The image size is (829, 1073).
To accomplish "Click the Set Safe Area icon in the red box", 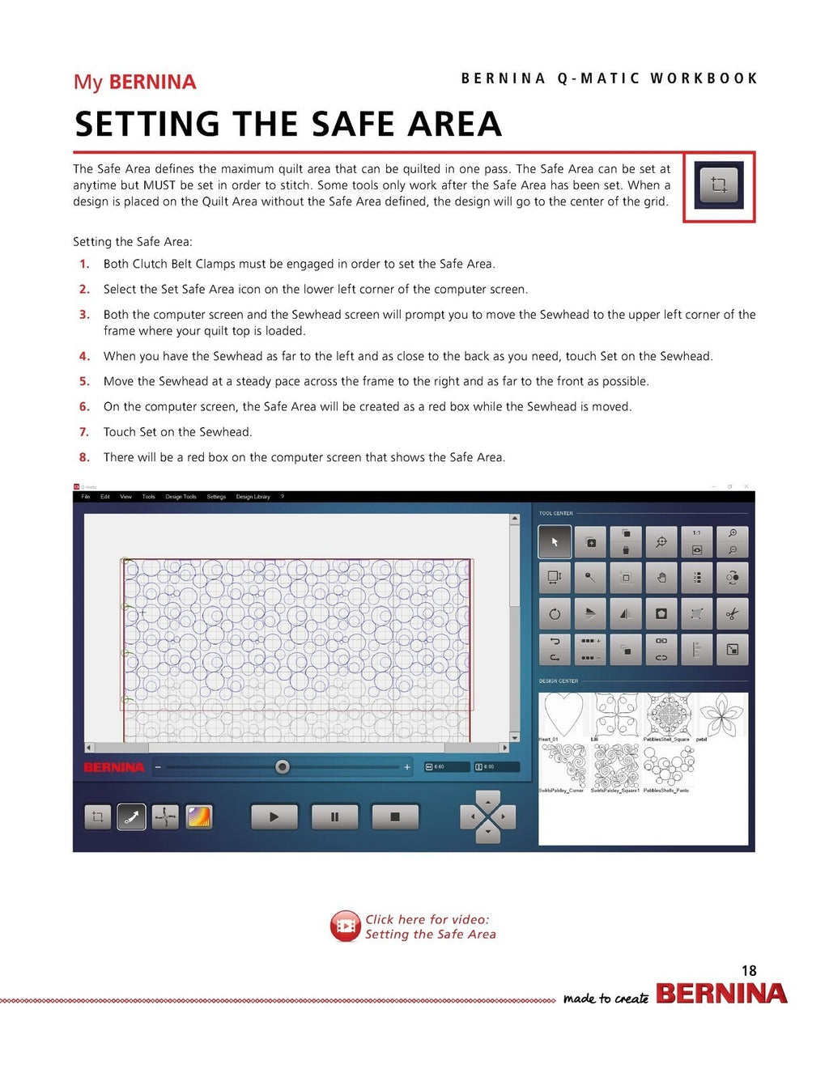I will coord(718,185).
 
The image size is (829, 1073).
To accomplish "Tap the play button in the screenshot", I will coord(274,816).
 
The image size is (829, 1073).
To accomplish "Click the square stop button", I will coord(395,816).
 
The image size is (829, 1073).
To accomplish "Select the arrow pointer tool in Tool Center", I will coord(555,542).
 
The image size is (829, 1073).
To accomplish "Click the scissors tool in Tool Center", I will coord(732,614).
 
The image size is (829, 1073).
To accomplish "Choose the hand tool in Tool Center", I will coord(661,578).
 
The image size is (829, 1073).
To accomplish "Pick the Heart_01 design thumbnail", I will coord(563,715).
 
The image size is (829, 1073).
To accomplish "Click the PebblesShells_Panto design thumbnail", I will coord(669,766).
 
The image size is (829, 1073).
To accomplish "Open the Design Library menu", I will coord(253,497).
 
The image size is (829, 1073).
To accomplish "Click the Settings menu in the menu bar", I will coord(216,497).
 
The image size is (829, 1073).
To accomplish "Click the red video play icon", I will coord(346,926).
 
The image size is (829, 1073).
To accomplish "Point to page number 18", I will coord(749,970).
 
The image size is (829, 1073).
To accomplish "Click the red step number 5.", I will coord(84,381).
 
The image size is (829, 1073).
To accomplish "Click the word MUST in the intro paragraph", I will coord(159,185).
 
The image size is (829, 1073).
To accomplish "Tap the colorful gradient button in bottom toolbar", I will coord(199,816).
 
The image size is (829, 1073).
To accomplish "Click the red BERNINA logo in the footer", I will coord(721,994).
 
